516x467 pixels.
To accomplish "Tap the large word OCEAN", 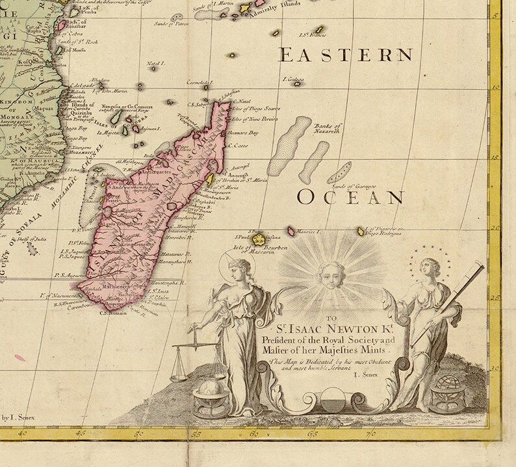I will (x=351, y=198).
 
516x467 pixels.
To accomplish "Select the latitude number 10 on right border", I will (x=496, y=90).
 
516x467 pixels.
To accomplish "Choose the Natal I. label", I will (x=157, y=64).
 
